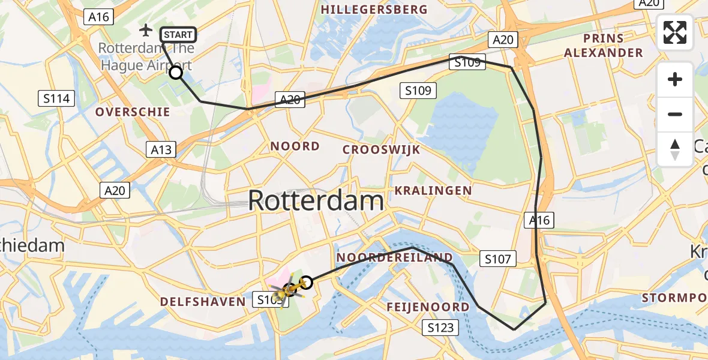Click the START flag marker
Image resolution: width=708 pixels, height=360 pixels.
pyautogui.click(x=178, y=35)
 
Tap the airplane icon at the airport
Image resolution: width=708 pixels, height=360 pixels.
pyautogui.click(x=146, y=29)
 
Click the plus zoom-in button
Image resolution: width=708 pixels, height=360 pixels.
pyautogui.click(x=675, y=79)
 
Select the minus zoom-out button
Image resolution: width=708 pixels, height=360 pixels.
pyautogui.click(x=675, y=114)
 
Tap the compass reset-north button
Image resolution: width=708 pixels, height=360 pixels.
pyautogui.click(x=675, y=149)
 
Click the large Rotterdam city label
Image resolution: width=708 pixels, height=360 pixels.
pyautogui.click(x=316, y=200)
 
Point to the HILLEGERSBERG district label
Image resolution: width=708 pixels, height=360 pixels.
pyautogui.click(x=374, y=10)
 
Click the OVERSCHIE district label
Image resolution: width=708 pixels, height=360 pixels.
pyautogui.click(x=133, y=112)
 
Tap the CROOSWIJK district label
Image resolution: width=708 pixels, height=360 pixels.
pyautogui.click(x=381, y=149)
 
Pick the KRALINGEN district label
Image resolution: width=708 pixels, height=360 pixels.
pyautogui.click(x=433, y=191)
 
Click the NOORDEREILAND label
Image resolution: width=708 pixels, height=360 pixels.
pyautogui.click(x=394, y=258)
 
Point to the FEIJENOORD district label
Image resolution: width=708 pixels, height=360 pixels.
pyautogui.click(x=428, y=307)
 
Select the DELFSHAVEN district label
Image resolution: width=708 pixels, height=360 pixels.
pyautogui.click(x=203, y=301)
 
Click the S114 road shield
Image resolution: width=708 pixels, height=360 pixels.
pyautogui.click(x=56, y=98)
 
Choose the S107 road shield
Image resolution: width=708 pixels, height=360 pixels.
pyautogui.click(x=498, y=259)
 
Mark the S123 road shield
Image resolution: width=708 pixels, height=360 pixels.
pyautogui.click(x=440, y=328)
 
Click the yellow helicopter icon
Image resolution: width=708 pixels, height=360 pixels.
pyautogui.click(x=289, y=289)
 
